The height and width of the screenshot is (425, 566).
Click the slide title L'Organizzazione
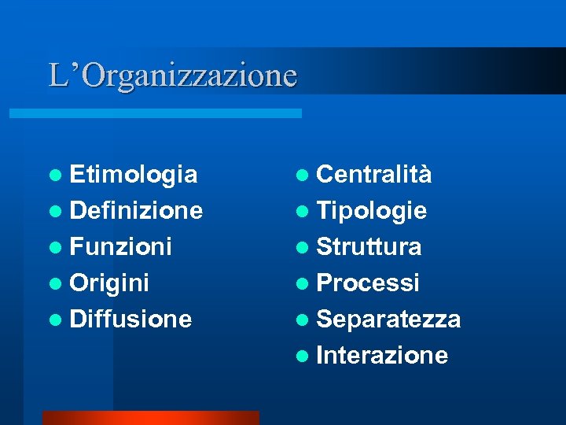point(173,76)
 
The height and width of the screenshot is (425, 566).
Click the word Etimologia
point(134,174)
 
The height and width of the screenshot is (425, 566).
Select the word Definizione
point(136,210)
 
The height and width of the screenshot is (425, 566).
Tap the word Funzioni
point(120,246)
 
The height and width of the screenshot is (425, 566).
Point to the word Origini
point(109,283)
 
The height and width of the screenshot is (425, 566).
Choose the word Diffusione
point(130,319)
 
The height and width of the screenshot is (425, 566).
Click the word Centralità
point(374,174)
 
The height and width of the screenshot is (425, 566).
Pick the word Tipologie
point(372,210)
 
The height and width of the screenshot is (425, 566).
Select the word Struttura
point(369,246)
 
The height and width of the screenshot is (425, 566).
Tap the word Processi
point(368,283)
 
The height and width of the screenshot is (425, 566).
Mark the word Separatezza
point(388,319)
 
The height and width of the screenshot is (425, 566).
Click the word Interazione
point(382,355)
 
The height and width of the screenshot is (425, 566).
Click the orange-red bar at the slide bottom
point(150,418)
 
